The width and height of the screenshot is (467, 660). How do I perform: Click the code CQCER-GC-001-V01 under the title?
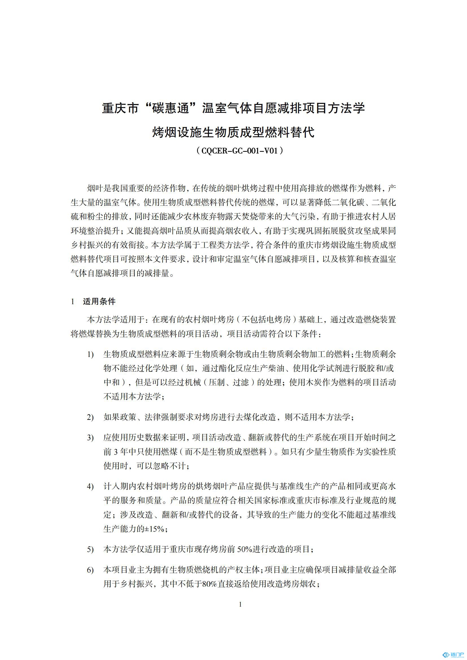[x=239, y=151]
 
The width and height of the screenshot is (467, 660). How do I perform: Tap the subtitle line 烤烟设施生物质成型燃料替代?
[x=233, y=133]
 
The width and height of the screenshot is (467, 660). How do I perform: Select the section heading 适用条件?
[x=99, y=302]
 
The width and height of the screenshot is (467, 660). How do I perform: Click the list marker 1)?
[x=90, y=355]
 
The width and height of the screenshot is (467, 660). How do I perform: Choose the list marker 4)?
[x=90, y=487]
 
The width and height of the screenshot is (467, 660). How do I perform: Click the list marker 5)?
[x=90, y=549]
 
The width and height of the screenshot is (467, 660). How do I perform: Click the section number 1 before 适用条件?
[x=73, y=302]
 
